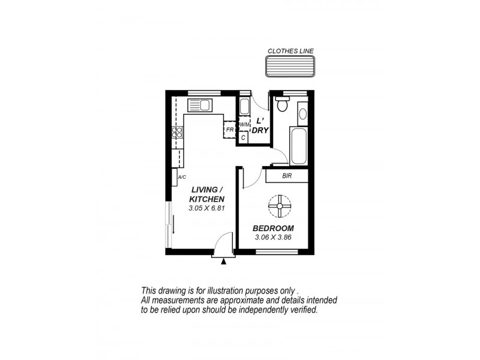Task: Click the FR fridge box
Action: tap(230, 129)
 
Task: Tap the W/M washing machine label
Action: tap(244, 125)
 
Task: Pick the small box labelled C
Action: tap(243, 137)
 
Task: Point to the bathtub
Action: tap(298, 145)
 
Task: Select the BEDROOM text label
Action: tap(273, 228)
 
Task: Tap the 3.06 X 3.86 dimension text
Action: tap(273, 238)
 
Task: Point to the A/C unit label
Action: tap(182, 177)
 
